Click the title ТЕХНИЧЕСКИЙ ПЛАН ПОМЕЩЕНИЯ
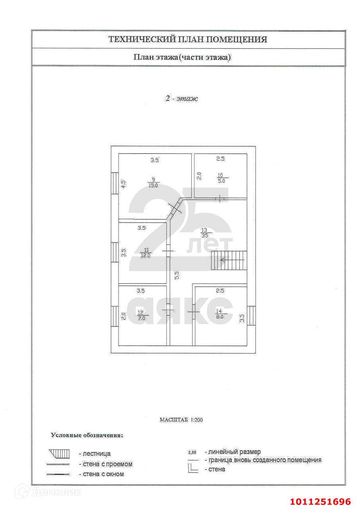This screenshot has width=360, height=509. [188, 39]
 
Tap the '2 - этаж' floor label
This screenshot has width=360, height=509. [182, 98]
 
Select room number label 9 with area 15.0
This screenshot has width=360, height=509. [153, 182]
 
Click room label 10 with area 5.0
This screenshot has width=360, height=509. [221, 177]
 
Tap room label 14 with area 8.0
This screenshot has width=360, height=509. [219, 314]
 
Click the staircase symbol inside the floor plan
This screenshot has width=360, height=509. [228, 260]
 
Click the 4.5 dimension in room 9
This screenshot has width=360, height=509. [123, 185]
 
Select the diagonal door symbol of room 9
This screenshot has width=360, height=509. [175, 207]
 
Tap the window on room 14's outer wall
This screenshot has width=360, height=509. [251, 316]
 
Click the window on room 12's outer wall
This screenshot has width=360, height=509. [115, 316]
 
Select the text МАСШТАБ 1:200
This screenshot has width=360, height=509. [181, 420]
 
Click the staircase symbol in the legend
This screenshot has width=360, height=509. [59, 453]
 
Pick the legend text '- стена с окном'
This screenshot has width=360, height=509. [101, 474]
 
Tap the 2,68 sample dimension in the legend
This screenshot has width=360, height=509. [192, 452]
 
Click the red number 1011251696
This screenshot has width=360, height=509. [320, 501]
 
